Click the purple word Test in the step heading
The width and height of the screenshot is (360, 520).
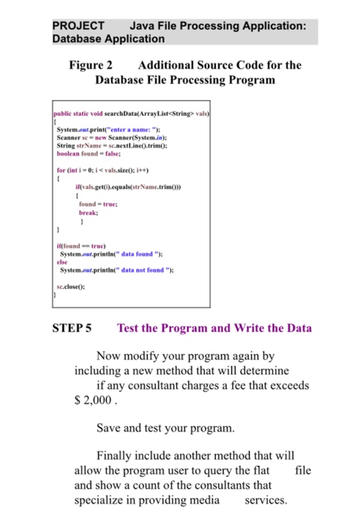coord(129,328)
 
